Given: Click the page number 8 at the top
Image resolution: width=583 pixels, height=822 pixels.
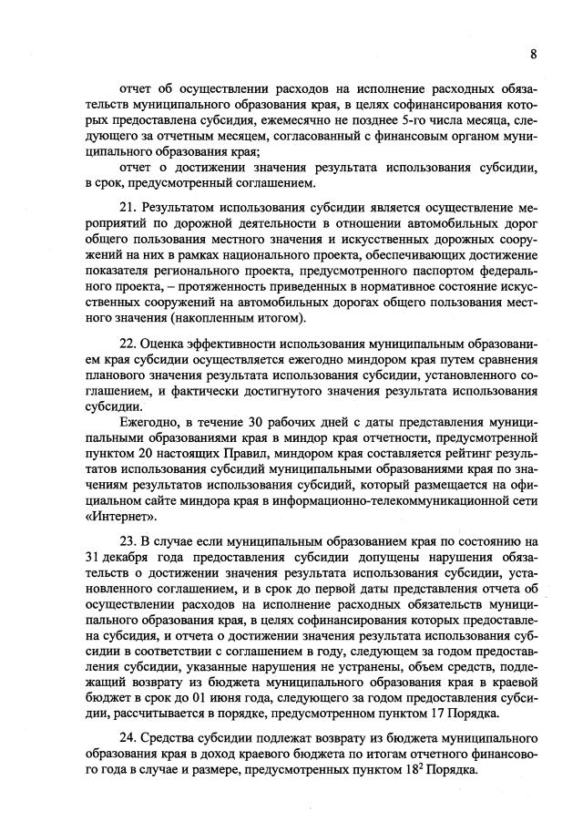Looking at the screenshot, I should pos(533,55).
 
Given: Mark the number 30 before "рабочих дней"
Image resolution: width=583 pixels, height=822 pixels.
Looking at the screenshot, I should pos(261,425).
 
